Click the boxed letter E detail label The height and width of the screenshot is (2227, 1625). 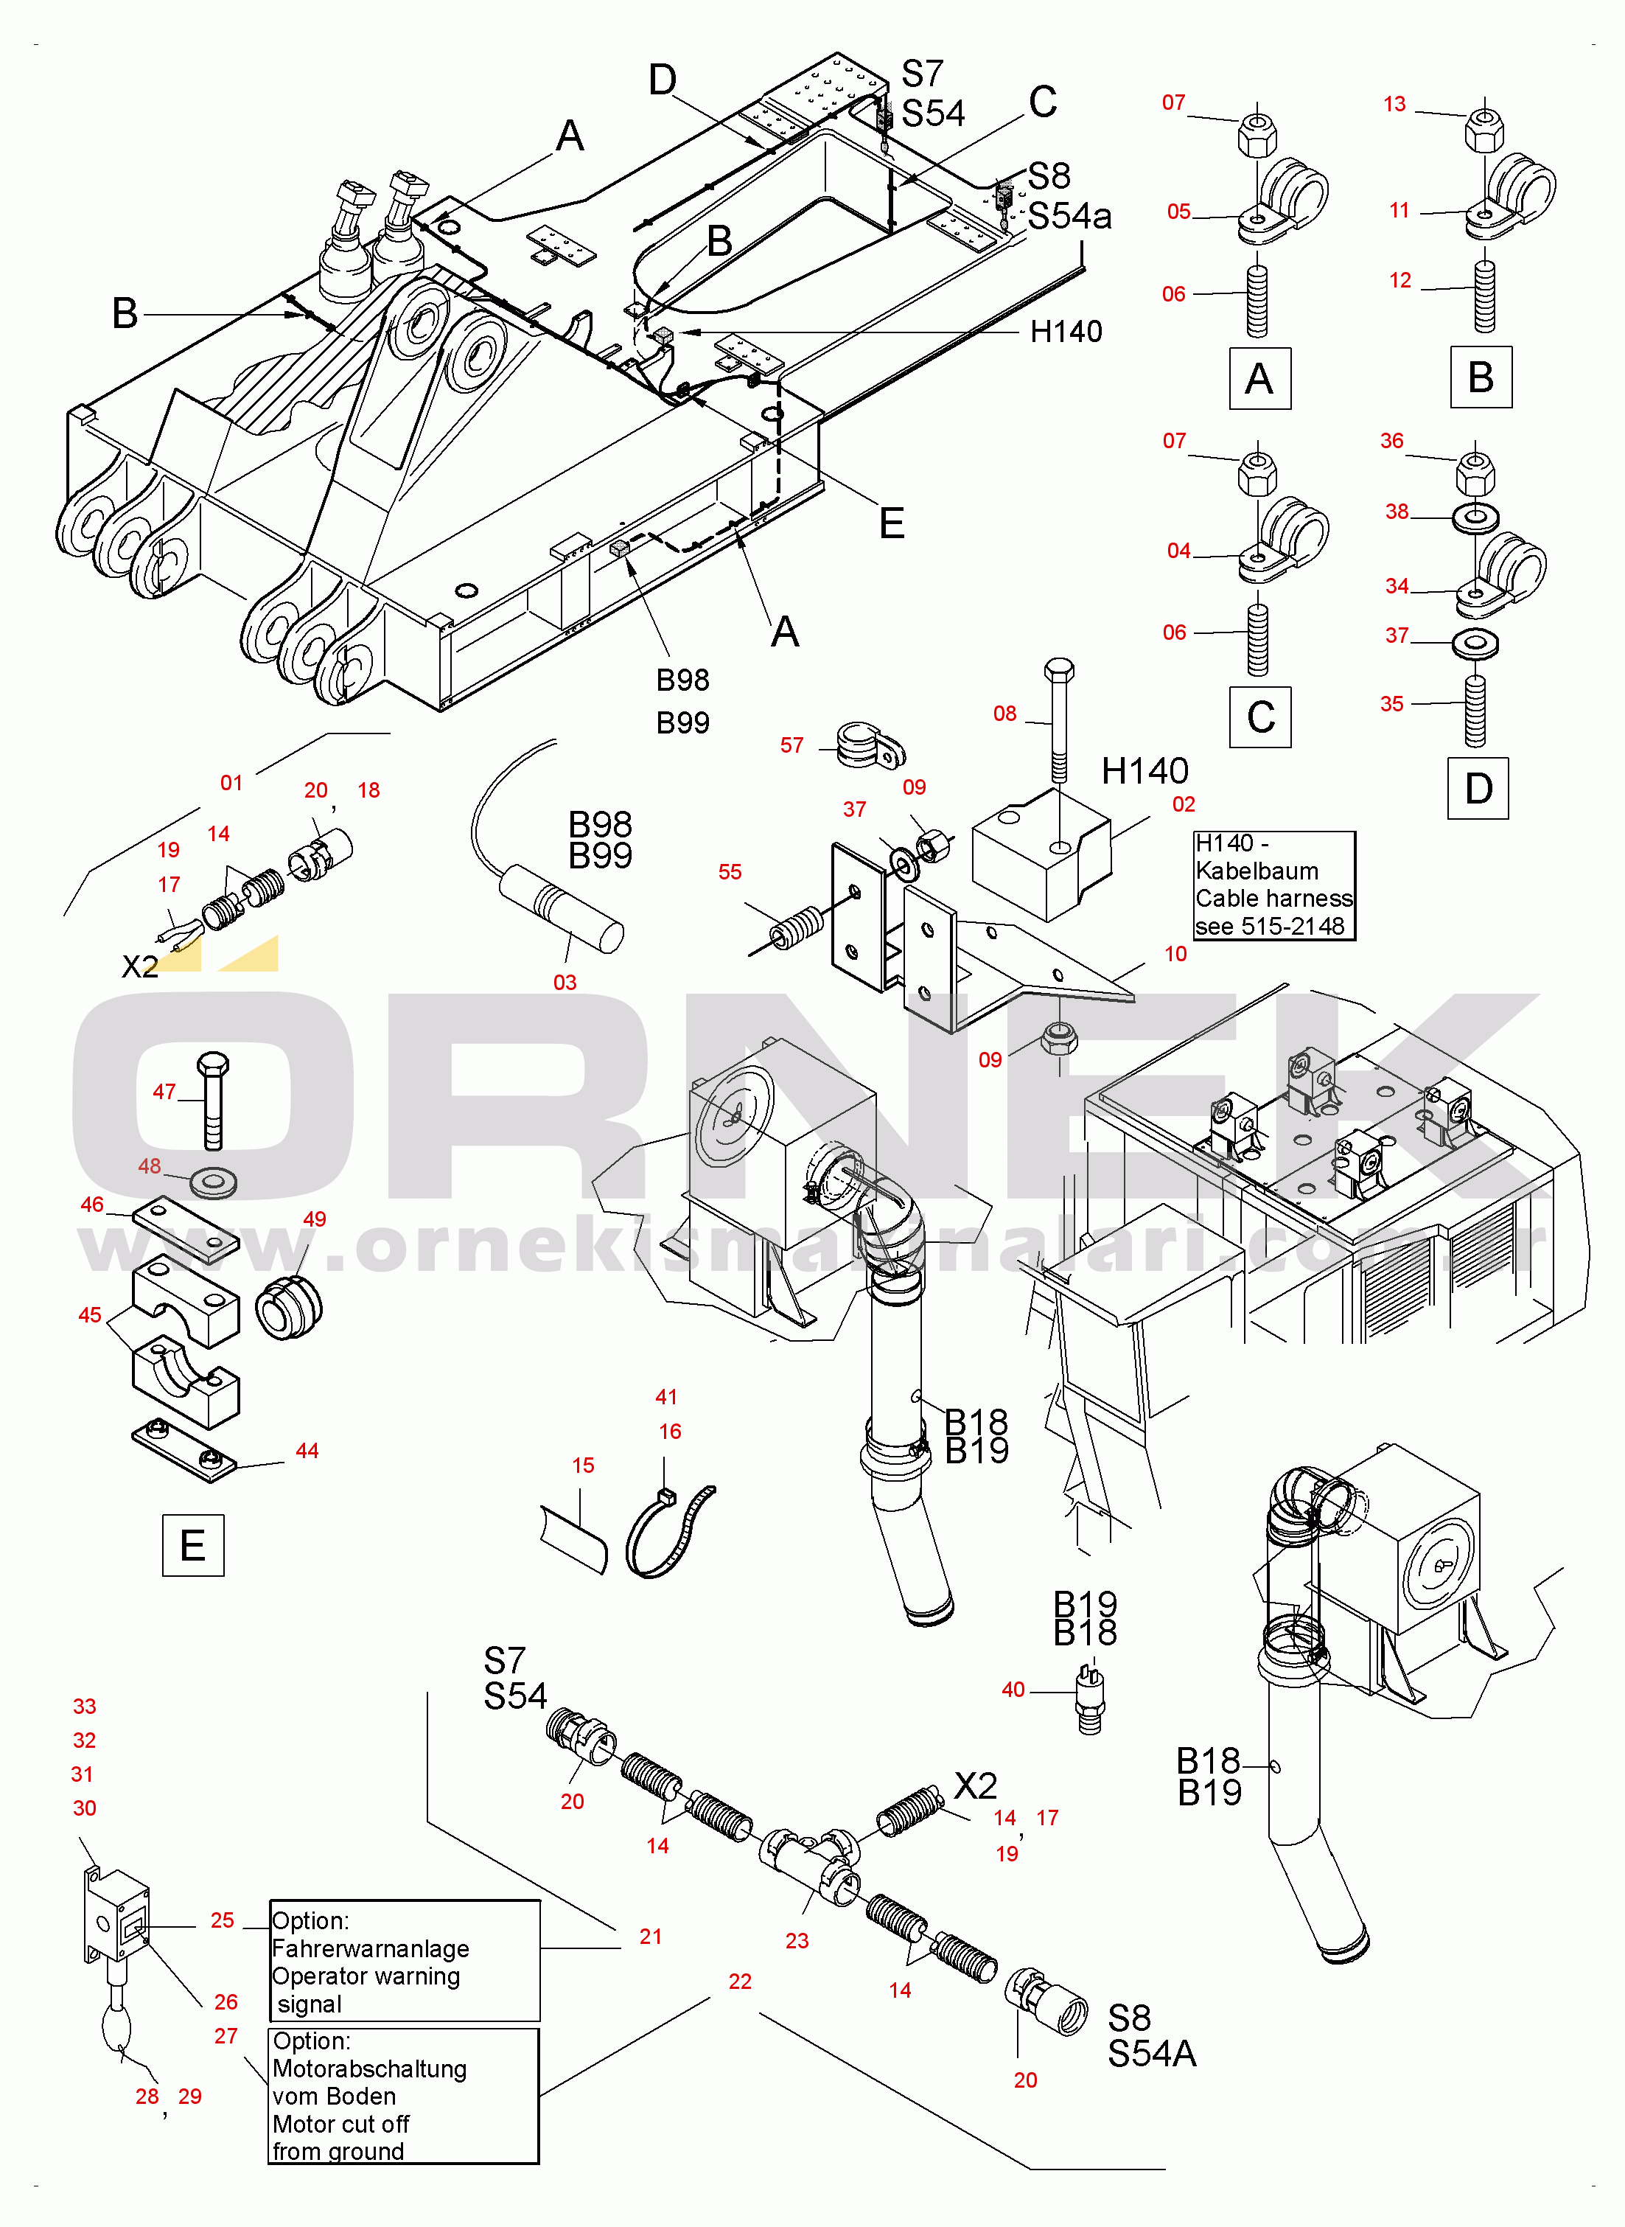[x=193, y=1545]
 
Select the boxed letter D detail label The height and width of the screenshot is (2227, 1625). [x=1478, y=788]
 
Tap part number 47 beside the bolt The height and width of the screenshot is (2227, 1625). [x=164, y=1092]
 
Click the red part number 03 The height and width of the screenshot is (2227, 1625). [x=565, y=983]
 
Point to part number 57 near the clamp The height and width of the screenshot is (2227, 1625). [x=791, y=745]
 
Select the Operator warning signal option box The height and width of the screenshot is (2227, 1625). [x=405, y=1960]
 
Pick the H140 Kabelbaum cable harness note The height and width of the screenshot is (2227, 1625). [x=1273, y=885]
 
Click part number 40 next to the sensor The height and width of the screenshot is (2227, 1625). [x=1013, y=1690]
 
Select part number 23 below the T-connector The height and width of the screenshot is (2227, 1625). [x=797, y=1941]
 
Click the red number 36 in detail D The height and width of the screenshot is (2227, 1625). [x=1392, y=441]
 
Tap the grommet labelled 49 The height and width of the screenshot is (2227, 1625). [x=288, y=1306]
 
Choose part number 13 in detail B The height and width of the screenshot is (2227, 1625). [x=1395, y=104]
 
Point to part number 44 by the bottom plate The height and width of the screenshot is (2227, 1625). [x=307, y=1451]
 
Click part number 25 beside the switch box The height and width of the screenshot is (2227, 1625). [x=223, y=1920]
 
